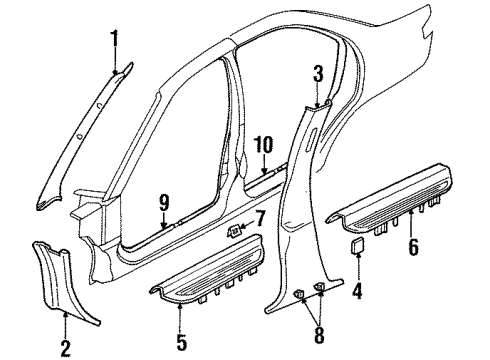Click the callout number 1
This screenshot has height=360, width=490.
click(114, 40)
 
